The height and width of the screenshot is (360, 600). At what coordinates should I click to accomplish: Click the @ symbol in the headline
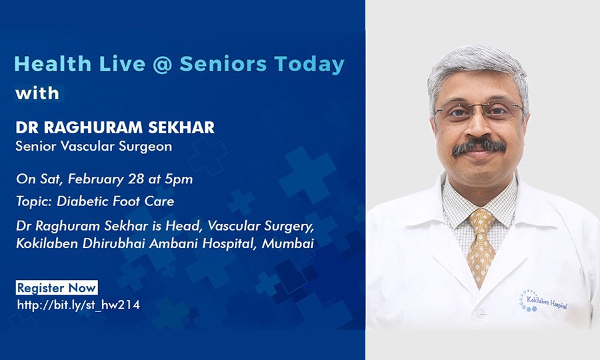click(x=162, y=64)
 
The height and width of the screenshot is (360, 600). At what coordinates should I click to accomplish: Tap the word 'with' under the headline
click(x=37, y=93)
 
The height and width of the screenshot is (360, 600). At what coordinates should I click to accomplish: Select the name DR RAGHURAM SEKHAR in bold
click(x=115, y=127)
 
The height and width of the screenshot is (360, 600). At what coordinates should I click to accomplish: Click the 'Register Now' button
click(x=57, y=288)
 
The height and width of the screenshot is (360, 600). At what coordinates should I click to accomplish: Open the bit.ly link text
click(x=79, y=305)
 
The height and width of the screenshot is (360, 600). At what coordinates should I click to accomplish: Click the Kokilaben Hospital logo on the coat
click(x=543, y=301)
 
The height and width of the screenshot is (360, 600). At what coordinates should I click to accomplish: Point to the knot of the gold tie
click(x=482, y=221)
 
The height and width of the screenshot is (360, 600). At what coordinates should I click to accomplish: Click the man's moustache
click(x=479, y=147)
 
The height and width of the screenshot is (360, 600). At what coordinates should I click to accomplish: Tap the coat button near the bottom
click(x=479, y=316)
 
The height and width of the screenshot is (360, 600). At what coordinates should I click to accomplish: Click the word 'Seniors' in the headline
click(x=223, y=64)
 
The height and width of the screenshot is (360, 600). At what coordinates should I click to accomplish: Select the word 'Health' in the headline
click(x=53, y=64)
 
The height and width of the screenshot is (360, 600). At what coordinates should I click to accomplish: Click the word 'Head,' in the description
click(x=184, y=226)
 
